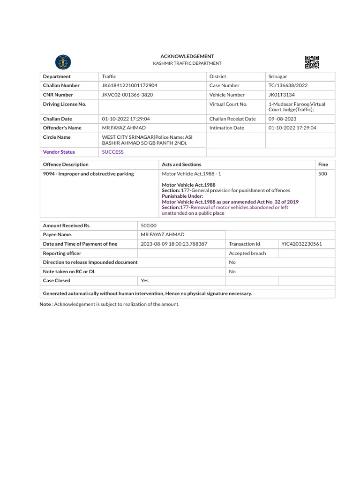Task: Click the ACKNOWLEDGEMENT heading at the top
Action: point(187,56)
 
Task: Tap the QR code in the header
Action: point(312,62)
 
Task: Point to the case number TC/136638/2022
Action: point(288,86)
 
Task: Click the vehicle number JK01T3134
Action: point(281,95)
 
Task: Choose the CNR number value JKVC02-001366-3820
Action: point(127,95)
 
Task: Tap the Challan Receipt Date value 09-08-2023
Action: point(282,119)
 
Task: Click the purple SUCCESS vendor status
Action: point(113,152)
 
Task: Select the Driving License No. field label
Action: point(65,104)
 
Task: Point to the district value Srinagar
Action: point(278,76)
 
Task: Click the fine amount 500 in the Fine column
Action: point(322,174)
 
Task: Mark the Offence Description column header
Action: point(66,165)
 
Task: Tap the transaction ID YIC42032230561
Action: point(301,244)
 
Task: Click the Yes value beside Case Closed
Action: point(144,281)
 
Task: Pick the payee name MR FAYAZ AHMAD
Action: point(163,235)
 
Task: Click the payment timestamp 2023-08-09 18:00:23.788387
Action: point(174,244)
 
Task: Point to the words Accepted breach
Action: point(247,254)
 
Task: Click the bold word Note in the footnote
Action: point(45,305)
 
